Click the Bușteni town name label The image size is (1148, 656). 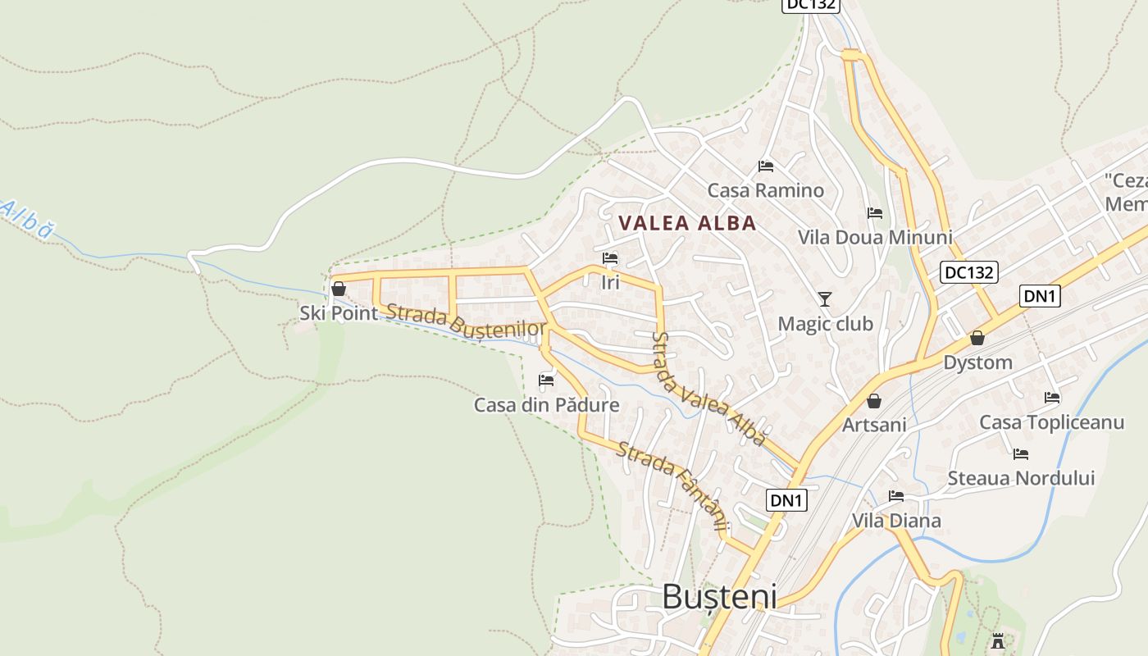[x=719, y=596]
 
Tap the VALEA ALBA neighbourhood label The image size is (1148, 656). [x=687, y=223]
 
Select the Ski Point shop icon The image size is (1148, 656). [x=338, y=289]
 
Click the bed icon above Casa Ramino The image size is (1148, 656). [x=766, y=166]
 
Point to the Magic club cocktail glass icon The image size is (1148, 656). [x=825, y=299]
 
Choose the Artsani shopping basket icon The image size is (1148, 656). [x=874, y=401]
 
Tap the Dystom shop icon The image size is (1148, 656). [x=977, y=338]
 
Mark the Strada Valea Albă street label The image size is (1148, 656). [x=708, y=389]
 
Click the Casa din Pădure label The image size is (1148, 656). [x=546, y=405]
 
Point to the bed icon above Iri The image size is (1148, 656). [x=610, y=259]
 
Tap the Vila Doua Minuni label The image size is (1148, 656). [x=875, y=238]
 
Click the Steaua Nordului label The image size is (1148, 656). [x=1021, y=478]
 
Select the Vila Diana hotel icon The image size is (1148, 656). [x=896, y=496]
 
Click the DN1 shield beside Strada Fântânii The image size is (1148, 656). [x=787, y=499]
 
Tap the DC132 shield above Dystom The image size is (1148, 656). [x=968, y=272]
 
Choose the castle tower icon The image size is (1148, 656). [x=998, y=640]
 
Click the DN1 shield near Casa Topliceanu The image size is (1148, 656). [x=1040, y=296]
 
